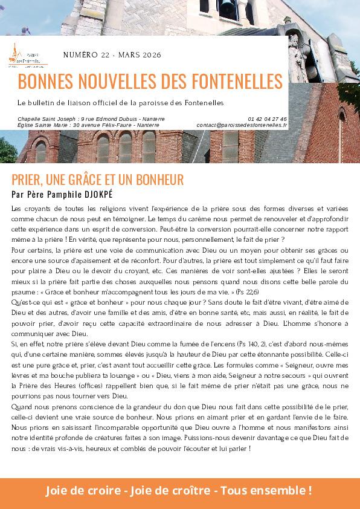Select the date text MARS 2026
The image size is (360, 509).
(x=140, y=55)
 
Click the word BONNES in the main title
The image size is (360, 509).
(x=45, y=81)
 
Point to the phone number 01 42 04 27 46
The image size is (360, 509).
(x=267, y=119)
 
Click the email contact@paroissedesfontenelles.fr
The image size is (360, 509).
(x=242, y=125)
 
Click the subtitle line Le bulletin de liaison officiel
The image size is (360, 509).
(x=121, y=102)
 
